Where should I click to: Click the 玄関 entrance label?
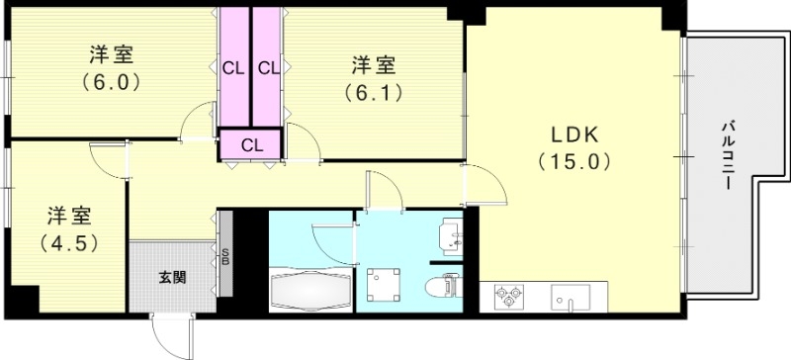pyautogui.click(x=172, y=277)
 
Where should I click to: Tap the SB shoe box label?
pyautogui.click(x=225, y=257)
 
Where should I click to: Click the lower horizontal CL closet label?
pyautogui.click(x=251, y=144)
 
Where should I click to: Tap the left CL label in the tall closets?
pyautogui.click(x=232, y=68)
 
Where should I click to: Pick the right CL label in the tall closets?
pyautogui.click(x=268, y=68)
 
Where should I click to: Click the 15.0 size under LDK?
pyautogui.click(x=571, y=161)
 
